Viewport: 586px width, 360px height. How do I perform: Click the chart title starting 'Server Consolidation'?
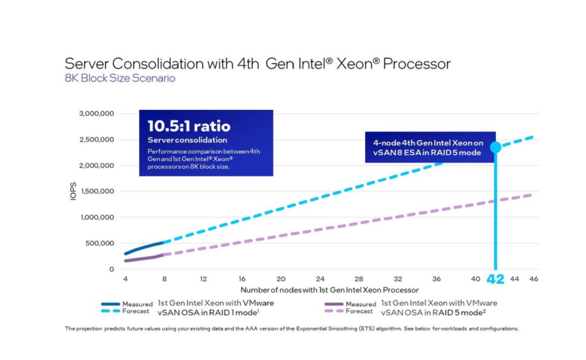coord(258,64)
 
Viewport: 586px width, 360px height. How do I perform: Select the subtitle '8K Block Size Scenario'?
coord(120,78)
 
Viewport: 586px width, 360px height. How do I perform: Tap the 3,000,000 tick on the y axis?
coord(96,113)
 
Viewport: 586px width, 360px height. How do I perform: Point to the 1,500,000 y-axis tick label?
coord(96,191)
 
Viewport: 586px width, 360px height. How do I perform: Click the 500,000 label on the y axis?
coord(99,243)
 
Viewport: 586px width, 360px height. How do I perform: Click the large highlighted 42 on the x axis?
coord(495,279)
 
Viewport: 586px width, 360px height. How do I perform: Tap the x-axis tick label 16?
coord(242,279)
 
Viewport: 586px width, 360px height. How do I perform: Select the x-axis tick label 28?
coord(359,279)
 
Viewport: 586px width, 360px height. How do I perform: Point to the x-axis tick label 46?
coord(534,279)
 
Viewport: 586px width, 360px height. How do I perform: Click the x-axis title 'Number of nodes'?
coord(329,290)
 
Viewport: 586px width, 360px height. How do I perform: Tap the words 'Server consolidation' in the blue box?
coord(187,140)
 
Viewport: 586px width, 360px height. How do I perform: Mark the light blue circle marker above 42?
coord(496,147)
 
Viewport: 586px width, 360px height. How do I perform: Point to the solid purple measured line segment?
coord(143,258)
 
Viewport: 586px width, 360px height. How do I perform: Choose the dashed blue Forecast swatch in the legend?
coord(110,311)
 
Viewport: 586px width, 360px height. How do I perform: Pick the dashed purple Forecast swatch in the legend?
coord(334,311)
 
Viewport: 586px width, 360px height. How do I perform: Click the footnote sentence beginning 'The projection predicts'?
coord(292,329)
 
